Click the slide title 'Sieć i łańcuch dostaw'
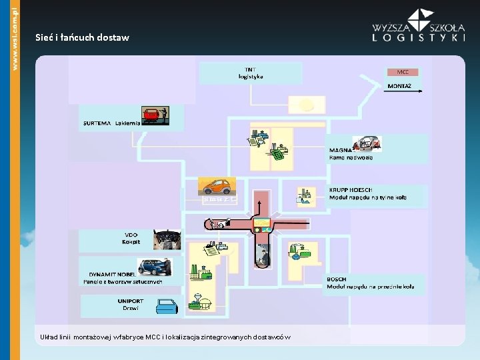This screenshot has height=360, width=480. click(82, 38)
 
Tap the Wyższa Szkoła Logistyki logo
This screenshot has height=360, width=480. click(419, 27)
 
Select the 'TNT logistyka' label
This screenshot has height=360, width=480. click(251, 73)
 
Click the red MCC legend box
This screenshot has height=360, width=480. click(403, 72)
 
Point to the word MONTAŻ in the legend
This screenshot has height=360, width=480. click(399, 86)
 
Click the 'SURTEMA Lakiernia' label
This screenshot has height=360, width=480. click(111, 123)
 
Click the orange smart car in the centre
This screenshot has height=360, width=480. click(217, 187)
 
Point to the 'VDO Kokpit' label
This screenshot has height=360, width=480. click(131, 238)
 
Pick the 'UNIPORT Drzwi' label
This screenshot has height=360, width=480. click(131, 304)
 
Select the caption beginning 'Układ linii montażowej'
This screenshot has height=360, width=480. click(165, 337)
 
